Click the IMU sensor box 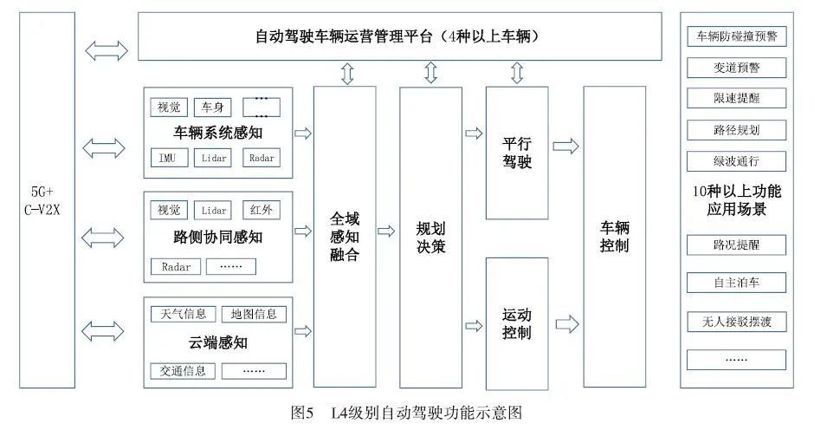(169, 158)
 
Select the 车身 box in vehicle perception (212, 107)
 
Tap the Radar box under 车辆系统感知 (262, 158)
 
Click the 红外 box (262, 210)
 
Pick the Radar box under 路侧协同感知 (176, 267)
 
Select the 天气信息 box (183, 314)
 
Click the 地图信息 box (254, 314)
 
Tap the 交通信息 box (183, 371)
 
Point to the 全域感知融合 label (345, 237)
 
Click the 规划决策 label (431, 237)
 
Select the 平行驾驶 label (517, 153)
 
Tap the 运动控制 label (516, 323)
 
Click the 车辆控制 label (615, 237)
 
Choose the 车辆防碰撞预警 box (737, 36)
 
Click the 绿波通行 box (737, 161)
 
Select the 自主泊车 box (737, 283)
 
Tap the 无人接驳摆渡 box (737, 322)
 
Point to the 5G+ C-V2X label (42, 201)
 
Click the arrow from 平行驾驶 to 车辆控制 (565, 147)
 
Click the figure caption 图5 (303, 414)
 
